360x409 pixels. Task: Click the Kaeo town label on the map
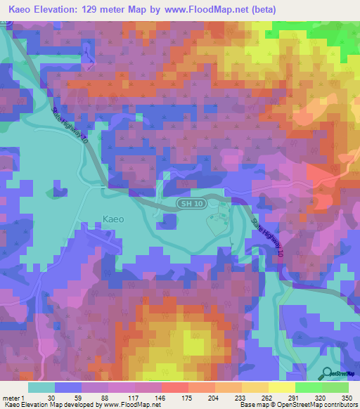click(112, 219)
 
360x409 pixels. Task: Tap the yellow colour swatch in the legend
click(281, 387)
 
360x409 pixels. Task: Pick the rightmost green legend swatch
click(335, 387)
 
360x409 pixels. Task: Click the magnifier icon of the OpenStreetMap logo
click(326, 374)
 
